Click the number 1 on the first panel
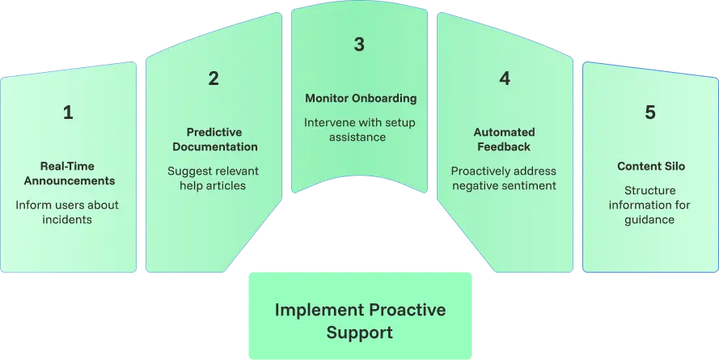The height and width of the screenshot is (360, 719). click(68, 113)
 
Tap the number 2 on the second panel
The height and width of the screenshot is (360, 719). click(214, 78)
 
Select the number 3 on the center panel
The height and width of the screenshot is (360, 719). click(359, 44)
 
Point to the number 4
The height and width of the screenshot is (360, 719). click(505, 78)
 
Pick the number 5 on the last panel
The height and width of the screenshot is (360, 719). click(650, 113)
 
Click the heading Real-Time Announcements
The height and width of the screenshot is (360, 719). click(68, 173)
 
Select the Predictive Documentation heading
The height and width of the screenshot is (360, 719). click(214, 139)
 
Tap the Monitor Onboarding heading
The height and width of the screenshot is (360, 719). click(361, 99)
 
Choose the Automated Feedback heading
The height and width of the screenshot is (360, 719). click(503, 139)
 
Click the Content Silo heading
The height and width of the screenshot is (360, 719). click(650, 167)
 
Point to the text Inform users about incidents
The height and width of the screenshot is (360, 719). click(68, 212)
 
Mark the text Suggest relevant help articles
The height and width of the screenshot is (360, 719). click(214, 178)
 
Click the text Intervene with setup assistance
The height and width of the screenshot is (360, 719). click(357, 129)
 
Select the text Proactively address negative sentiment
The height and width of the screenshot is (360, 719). click(503, 178)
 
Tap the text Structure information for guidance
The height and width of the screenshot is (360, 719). click(650, 205)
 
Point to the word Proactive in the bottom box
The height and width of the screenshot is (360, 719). click(408, 310)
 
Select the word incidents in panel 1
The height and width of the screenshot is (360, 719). click(68, 219)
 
